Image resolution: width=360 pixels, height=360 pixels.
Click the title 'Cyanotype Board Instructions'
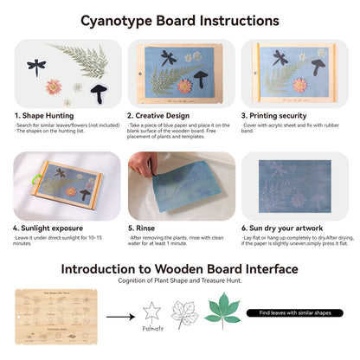pyautogui.click(x=180, y=19)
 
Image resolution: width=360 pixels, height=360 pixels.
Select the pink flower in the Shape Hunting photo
pyautogui.click(x=54, y=87)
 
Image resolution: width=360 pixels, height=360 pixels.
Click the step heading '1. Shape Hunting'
pyautogui.click(x=44, y=114)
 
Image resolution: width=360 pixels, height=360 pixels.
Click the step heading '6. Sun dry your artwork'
pyautogui.click(x=285, y=228)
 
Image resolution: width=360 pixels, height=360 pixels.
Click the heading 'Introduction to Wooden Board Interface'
pyautogui.click(x=180, y=269)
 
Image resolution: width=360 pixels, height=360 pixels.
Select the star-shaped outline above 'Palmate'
pyautogui.click(x=152, y=311)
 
